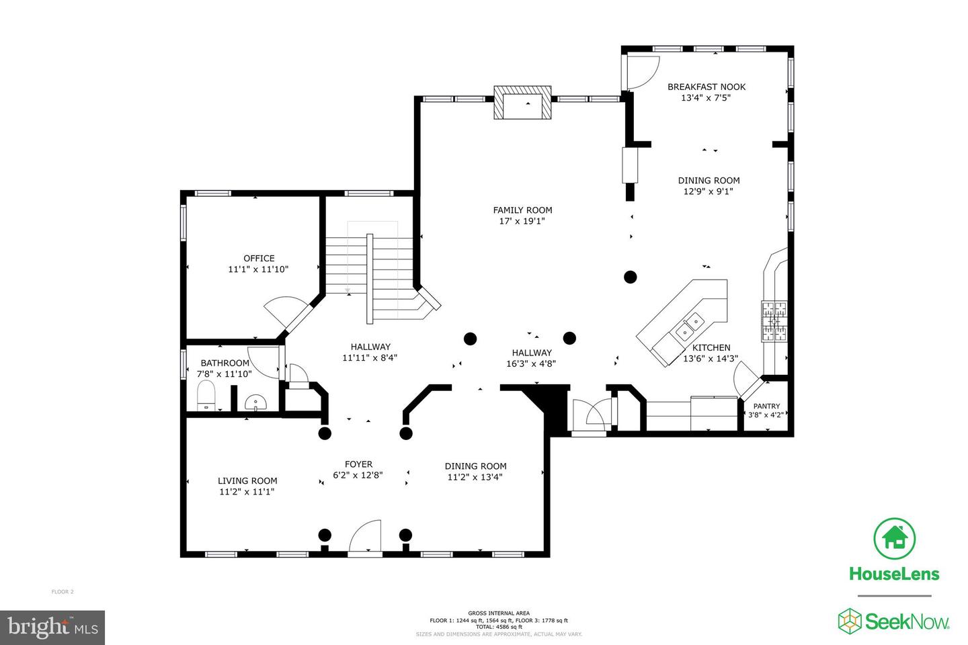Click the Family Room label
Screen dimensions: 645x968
[x=522, y=210]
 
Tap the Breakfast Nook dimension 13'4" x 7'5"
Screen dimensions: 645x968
[x=706, y=97]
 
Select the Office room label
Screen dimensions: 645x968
[x=259, y=258]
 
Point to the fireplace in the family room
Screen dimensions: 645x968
[x=522, y=103]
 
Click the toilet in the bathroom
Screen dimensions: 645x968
[x=206, y=396]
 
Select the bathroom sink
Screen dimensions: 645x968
[x=255, y=402]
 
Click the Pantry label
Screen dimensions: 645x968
[x=766, y=406]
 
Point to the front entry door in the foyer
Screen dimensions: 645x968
[x=365, y=537]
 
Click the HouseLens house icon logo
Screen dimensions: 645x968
[x=894, y=538]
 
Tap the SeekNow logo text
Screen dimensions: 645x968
[x=907, y=621]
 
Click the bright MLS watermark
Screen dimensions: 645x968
[x=52, y=628]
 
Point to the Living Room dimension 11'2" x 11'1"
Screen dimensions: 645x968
[x=247, y=492]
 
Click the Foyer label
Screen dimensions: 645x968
[x=358, y=464]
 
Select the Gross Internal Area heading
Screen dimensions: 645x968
[x=499, y=613]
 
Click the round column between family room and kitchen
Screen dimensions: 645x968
[x=630, y=276]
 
